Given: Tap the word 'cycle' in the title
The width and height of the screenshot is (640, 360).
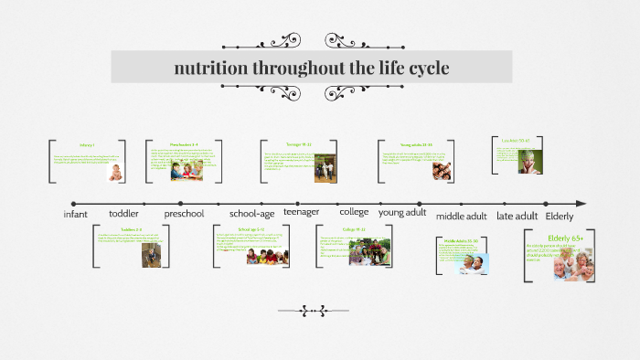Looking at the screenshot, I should coord(422,68).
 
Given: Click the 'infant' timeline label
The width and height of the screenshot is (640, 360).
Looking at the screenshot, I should coord(76,214).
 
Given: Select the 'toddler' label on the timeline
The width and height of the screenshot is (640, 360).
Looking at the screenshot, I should coord(123,214).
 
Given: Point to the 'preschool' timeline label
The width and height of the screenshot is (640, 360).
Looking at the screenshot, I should coord(184,214).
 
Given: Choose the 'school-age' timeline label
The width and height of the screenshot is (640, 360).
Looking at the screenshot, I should coord(251,214).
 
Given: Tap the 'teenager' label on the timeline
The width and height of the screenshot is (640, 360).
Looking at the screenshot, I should coord(302,211).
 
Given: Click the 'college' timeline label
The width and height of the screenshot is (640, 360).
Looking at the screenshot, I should coord(354,211).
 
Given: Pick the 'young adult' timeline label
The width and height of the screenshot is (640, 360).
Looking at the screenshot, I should coord(402,211).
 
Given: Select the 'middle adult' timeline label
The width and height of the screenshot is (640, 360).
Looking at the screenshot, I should coord(462,216).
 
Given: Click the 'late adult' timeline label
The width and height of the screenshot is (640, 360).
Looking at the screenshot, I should coord(517,216).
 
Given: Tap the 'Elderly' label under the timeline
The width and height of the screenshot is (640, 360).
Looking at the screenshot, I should coord(560,216).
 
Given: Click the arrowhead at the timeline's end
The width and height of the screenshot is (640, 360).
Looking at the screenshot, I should coord(581,203).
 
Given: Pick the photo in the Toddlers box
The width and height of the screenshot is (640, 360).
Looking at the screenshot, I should coord(152,255).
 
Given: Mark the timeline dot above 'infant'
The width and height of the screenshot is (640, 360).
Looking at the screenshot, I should coord(73,203).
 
